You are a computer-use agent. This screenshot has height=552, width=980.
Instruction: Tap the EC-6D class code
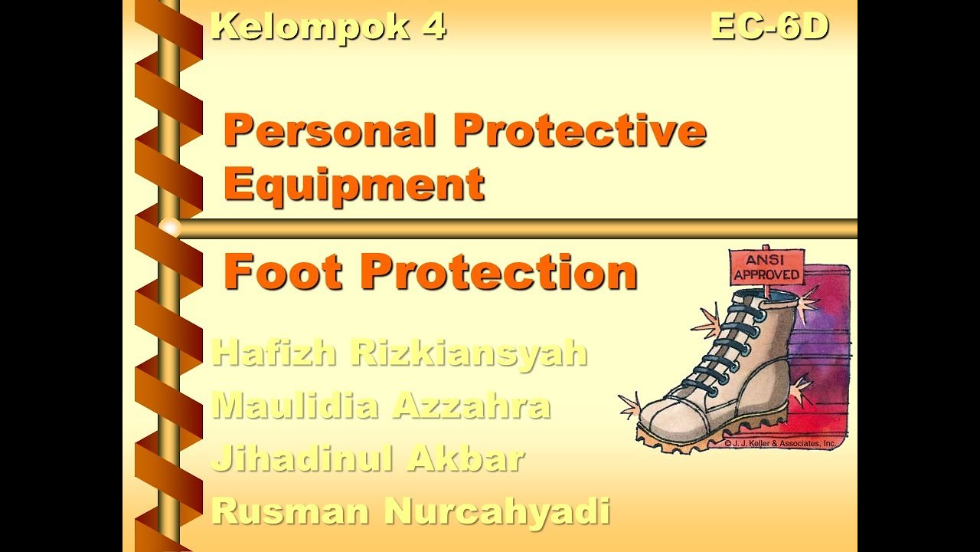tap(769, 27)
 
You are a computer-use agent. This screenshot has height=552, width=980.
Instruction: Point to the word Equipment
tap(354, 185)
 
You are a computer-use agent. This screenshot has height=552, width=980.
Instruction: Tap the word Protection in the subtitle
tap(498, 273)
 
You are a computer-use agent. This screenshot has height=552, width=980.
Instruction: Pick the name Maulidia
tap(294, 405)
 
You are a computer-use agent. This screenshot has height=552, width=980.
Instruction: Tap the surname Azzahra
tap(471, 405)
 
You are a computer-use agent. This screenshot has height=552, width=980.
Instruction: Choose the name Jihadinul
tap(302, 458)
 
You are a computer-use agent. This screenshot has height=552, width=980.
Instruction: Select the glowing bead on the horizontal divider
tap(170, 228)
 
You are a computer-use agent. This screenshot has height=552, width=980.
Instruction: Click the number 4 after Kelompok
tap(432, 27)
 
